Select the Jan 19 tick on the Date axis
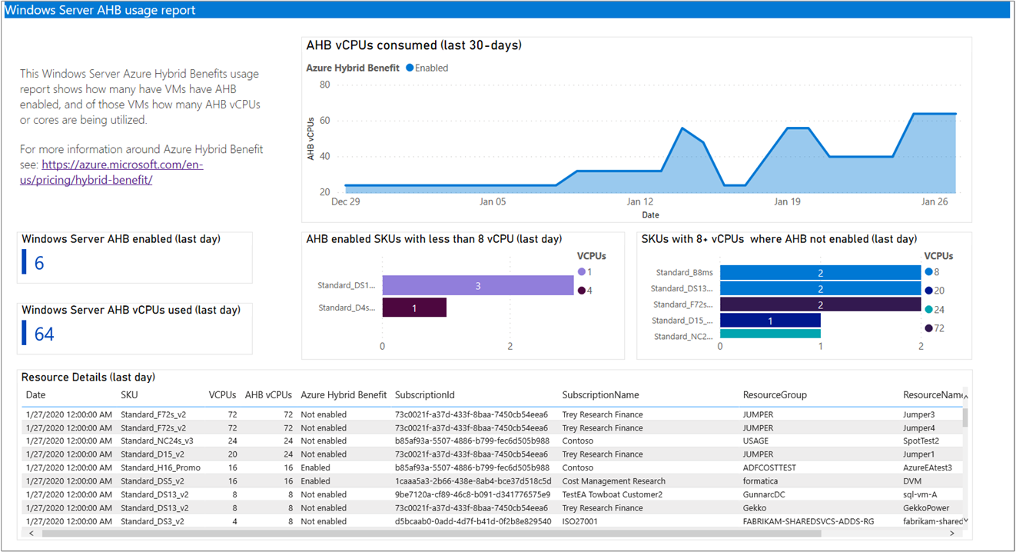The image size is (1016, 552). pos(787,202)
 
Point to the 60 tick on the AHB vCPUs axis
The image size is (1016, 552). pos(325,121)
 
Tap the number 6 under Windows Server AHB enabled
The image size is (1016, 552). pos(39,264)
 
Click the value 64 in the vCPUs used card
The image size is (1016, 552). pos(45,334)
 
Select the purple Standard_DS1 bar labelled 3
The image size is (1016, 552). pos(477,286)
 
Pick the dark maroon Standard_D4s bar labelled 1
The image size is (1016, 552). pos(413,308)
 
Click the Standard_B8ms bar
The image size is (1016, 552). pos(820,273)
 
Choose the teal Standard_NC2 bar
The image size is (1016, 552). pos(769,334)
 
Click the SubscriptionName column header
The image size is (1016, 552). pos(600,395)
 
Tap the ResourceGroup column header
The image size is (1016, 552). pos(775,395)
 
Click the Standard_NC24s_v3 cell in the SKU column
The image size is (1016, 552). pos(157,441)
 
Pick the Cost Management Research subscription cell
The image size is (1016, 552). pos(613,481)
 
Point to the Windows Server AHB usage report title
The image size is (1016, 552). pos(100,10)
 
